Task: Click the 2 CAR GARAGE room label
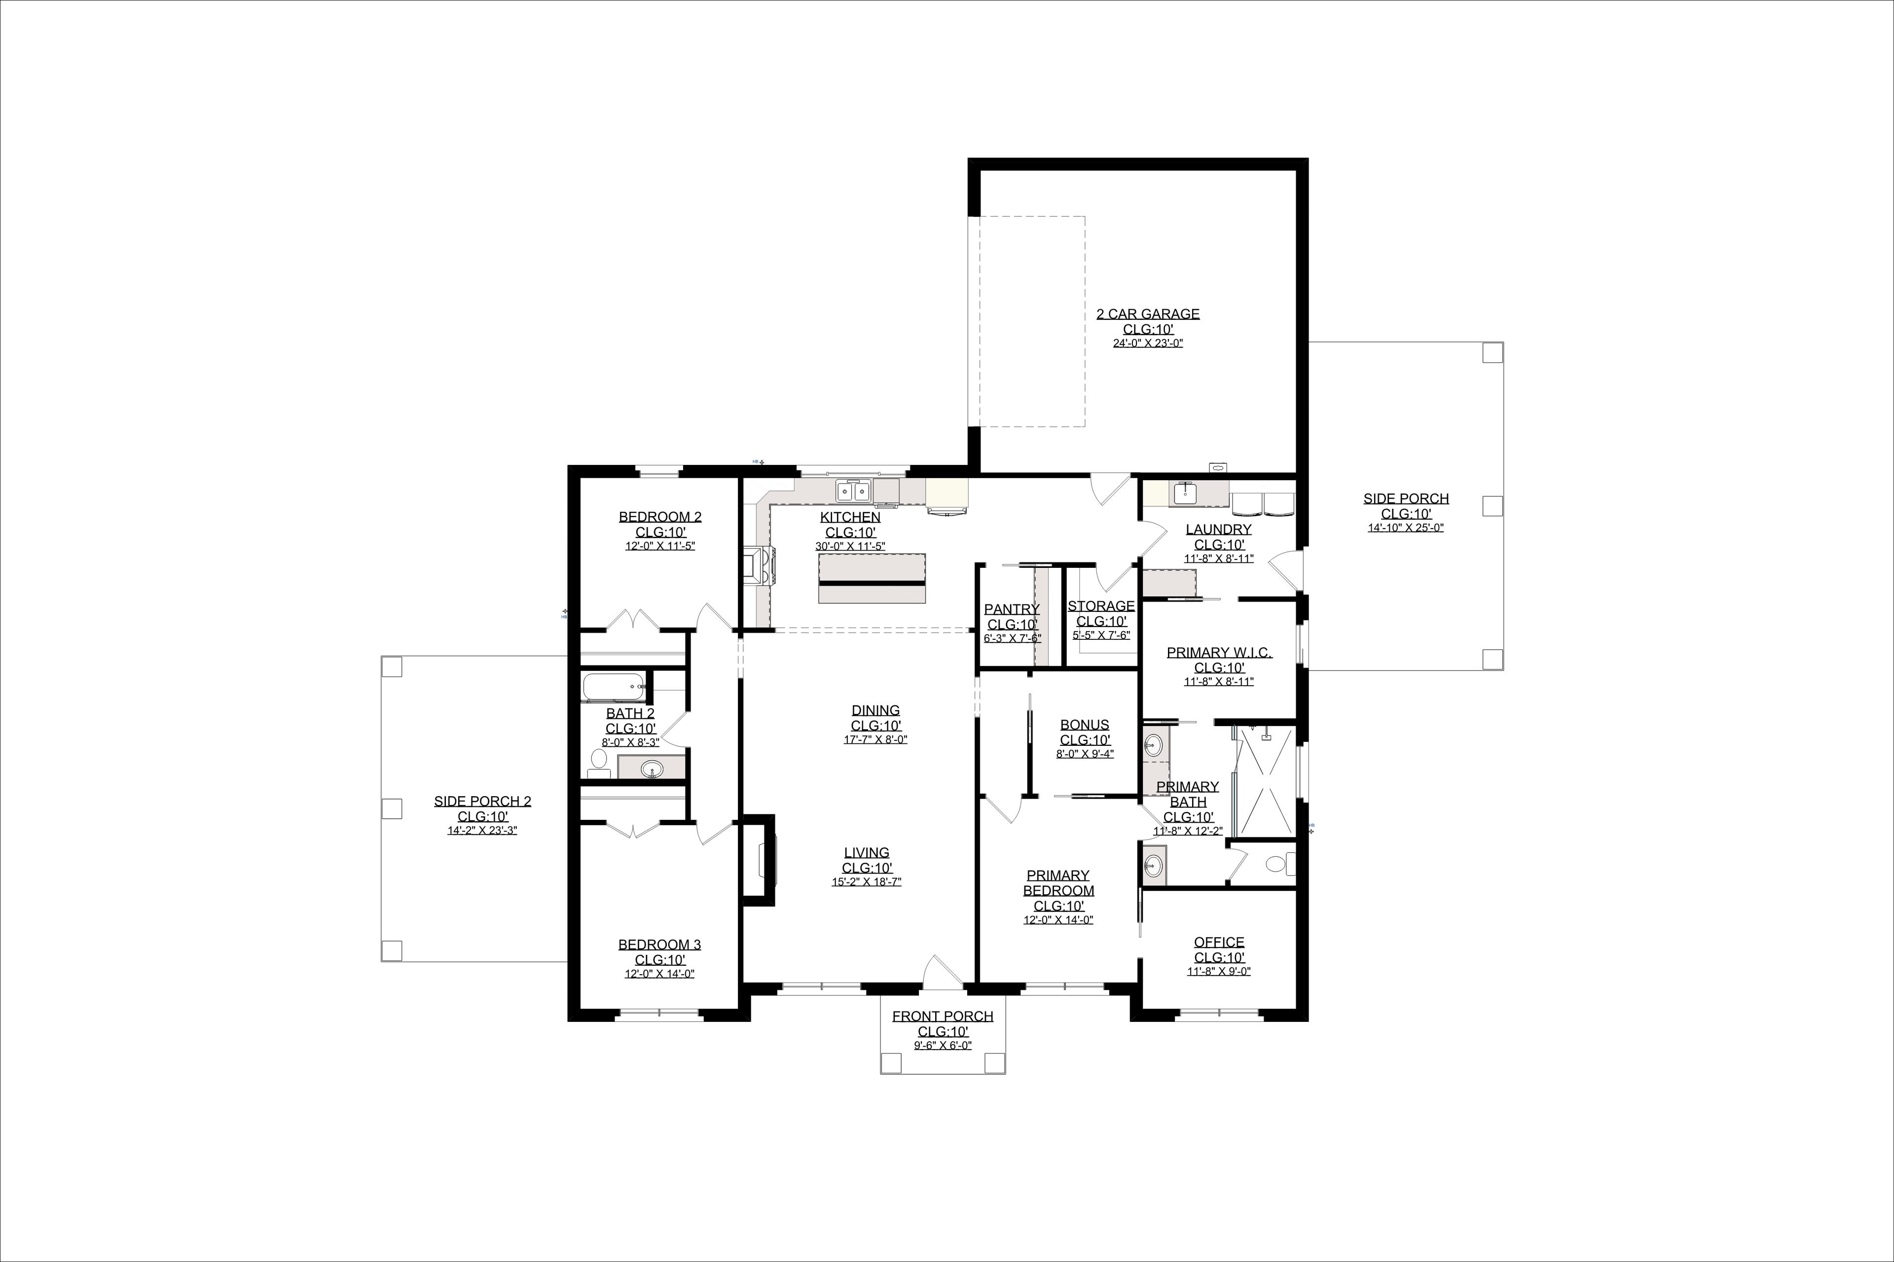[1148, 314]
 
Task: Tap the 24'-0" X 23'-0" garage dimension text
[1148, 343]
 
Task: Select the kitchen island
[872, 578]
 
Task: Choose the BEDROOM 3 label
[659, 944]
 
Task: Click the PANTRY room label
[1012, 609]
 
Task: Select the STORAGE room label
[1101, 606]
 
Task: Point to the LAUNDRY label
[1218, 529]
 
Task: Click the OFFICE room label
[1219, 942]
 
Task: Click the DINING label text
[875, 710]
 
